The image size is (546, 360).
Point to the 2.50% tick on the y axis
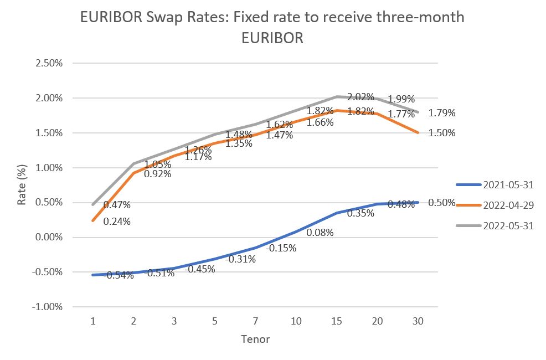point(49,63)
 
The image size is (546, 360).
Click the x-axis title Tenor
point(255,339)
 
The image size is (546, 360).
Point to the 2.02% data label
point(360,96)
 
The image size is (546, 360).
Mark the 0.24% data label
point(117,222)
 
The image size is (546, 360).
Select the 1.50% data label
point(442,133)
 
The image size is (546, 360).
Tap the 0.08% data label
point(320,233)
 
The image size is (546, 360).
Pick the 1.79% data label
point(442,113)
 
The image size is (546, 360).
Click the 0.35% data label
point(360,212)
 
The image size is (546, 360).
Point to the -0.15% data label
point(281,248)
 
